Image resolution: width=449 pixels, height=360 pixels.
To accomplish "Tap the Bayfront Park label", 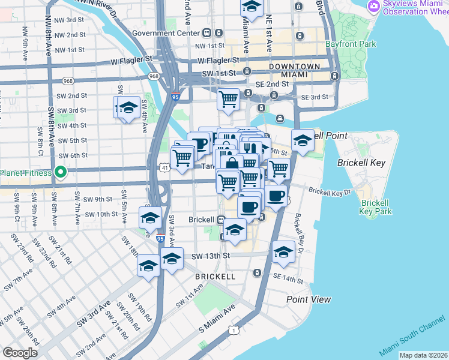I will [x=351, y=44].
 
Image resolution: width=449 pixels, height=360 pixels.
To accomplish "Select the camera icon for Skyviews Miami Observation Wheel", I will [x=373, y=5].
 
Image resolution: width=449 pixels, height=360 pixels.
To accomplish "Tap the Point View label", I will [x=309, y=299].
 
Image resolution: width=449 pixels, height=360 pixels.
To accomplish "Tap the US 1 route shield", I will [x=234, y=329].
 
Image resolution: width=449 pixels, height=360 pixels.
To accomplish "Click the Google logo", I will [x=20, y=352].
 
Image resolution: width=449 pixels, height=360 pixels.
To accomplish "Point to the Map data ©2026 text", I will [x=423, y=355].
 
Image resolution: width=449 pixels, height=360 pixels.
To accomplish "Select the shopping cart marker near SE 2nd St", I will [x=228, y=98].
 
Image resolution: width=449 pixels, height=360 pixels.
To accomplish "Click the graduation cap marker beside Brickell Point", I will [x=303, y=141].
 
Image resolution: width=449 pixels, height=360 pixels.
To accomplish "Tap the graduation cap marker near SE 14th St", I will [x=283, y=252].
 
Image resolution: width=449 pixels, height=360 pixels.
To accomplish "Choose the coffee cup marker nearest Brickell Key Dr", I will [x=276, y=196].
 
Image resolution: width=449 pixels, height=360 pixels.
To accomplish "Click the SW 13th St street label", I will [x=211, y=256].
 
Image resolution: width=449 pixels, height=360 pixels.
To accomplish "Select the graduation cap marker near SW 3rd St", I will [x=127, y=108].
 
